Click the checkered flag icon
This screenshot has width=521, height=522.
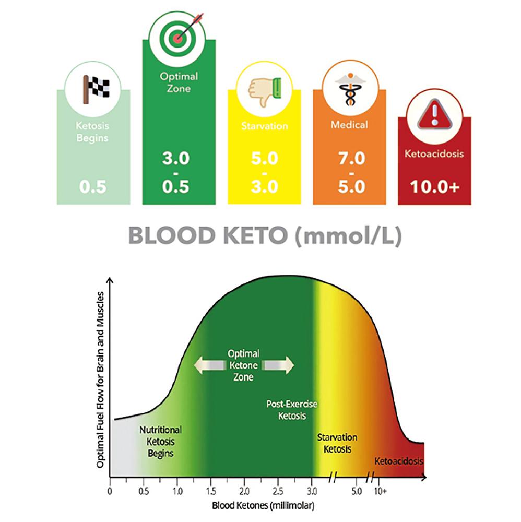tap(93, 89)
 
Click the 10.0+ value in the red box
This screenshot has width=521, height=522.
tap(434, 186)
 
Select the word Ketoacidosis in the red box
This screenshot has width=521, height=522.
tap(434, 154)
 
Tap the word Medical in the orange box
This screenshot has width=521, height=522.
tap(349, 125)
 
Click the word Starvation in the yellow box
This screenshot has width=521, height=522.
tap(264, 126)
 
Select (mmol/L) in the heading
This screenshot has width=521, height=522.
tap(347, 236)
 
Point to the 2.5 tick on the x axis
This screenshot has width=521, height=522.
tap(278, 491)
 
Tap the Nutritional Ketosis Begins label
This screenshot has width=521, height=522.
tap(160, 442)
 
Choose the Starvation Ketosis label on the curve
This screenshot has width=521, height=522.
tap(337, 443)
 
